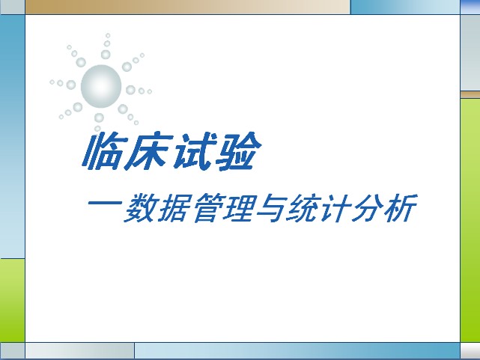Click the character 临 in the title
103,151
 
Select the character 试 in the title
192,151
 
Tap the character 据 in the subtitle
174,207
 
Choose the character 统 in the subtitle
304,207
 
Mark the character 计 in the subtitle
335,207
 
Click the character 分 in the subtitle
368,207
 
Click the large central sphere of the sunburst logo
101,86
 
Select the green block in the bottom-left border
12,300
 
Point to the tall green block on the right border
470,220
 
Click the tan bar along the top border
188,7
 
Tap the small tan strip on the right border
470,94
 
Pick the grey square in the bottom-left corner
12,350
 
